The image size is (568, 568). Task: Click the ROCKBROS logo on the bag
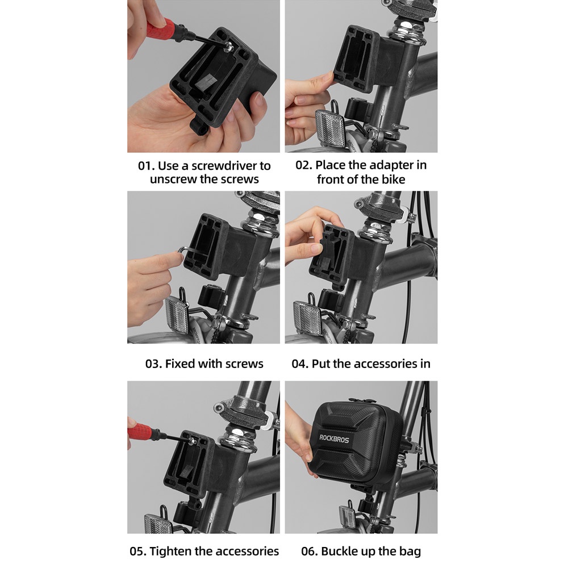point(334,439)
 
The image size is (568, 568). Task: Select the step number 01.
point(147,166)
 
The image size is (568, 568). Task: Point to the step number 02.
point(304,165)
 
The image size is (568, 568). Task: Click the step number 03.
point(153,364)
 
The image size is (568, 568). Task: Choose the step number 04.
point(300,364)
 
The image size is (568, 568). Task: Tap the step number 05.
point(138,552)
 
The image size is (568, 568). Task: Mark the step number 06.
point(310,552)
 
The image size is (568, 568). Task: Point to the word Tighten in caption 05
point(170,552)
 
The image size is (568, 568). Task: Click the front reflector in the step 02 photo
point(330,124)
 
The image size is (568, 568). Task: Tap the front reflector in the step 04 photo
point(307,315)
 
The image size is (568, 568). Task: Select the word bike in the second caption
point(393,179)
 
